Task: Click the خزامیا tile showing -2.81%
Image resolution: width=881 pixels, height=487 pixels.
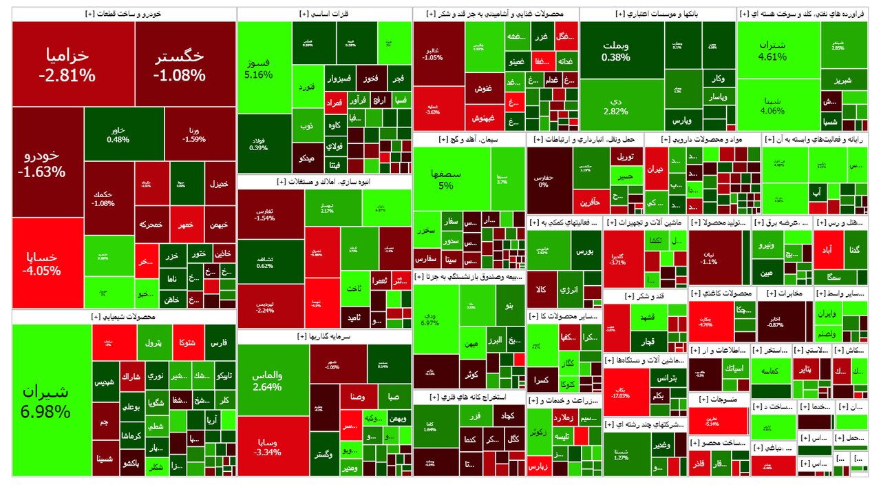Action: click(73, 64)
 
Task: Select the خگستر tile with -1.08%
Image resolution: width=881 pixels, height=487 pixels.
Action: click(184, 64)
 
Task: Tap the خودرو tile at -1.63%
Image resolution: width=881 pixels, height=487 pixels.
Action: click(47, 162)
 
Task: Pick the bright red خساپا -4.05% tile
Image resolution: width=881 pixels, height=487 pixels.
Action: click(47, 262)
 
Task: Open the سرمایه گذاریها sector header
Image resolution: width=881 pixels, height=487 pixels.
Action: click(324, 337)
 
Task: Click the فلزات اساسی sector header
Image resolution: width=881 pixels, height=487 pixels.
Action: click(324, 14)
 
